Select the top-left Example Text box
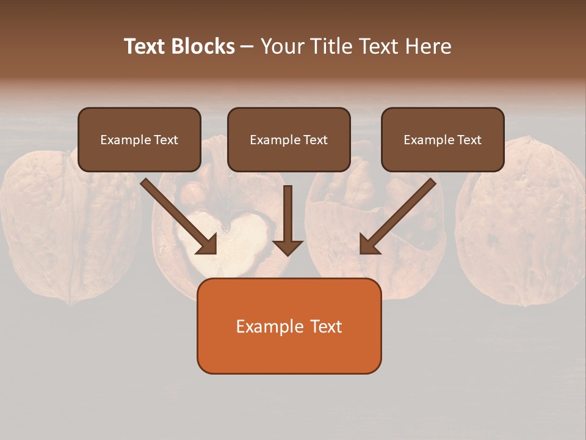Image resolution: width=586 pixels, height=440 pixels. tap(139, 140)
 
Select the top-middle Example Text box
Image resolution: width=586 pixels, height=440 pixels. tap(289, 140)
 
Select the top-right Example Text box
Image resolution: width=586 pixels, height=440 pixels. tap(443, 140)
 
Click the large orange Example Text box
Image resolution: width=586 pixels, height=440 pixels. tap(289, 326)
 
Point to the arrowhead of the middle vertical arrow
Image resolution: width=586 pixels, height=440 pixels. tap(288, 248)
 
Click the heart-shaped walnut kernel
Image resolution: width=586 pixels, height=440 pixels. tap(230, 241)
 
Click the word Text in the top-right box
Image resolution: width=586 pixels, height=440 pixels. tap(469, 140)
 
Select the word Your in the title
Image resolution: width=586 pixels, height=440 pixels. tap(281, 46)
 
